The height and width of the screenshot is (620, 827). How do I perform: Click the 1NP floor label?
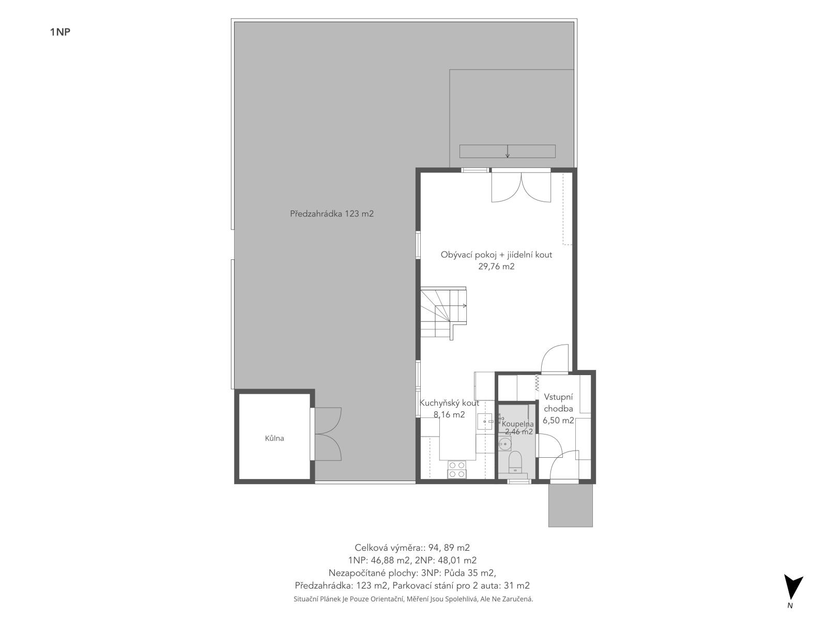pos(60,32)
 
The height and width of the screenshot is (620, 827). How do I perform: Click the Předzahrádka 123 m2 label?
pos(331,214)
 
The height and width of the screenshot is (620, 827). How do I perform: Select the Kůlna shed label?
pos(274,438)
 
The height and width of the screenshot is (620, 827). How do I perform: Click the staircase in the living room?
pos(443,313)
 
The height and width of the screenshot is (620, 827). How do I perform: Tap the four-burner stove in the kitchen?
pos(456,470)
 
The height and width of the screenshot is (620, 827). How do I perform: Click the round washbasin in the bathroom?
pos(504,445)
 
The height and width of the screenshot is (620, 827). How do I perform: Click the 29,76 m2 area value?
pos(496,267)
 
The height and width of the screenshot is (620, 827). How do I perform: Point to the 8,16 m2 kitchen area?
pos(449,415)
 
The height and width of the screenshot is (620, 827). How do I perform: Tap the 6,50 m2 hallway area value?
pos(558,421)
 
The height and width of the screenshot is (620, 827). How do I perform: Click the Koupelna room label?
pos(518,424)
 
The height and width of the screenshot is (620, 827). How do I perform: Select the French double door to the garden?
pos(521,187)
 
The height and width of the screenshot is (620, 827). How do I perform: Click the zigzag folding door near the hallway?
pos(537,388)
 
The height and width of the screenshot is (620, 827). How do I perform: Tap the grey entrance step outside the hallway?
pos(571,505)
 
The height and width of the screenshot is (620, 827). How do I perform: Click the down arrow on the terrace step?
pos(508,151)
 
